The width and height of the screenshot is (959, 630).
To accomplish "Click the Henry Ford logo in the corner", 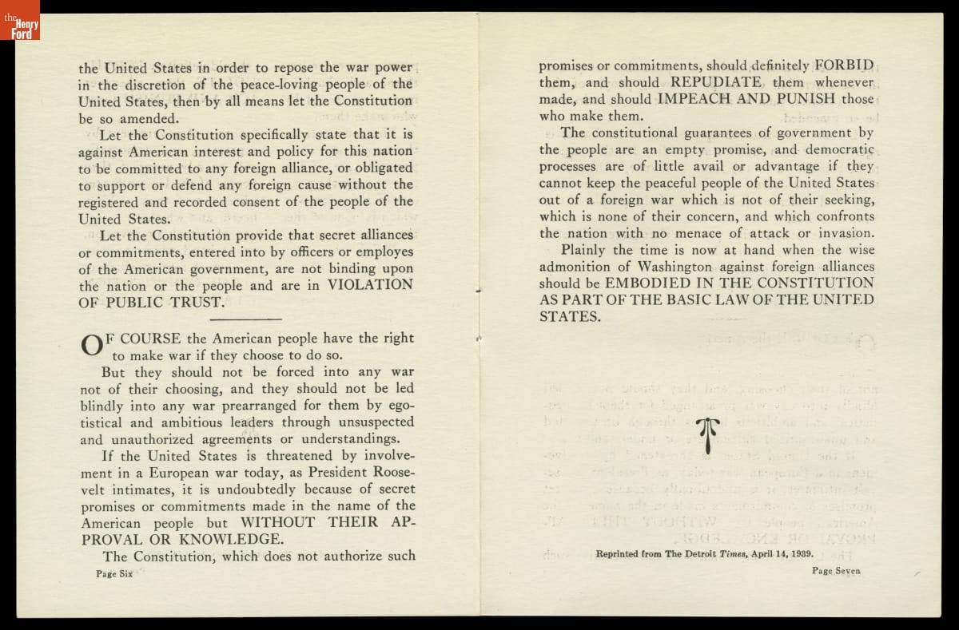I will [20, 20].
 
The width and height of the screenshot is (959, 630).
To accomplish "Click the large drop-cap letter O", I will [90, 345].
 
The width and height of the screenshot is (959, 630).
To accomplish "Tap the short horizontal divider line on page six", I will [249, 319].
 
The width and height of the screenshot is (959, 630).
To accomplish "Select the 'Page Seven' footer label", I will [836, 570].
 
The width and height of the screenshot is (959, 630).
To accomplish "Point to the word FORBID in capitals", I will [844, 65].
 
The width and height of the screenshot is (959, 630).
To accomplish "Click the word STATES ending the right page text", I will [569, 317].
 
